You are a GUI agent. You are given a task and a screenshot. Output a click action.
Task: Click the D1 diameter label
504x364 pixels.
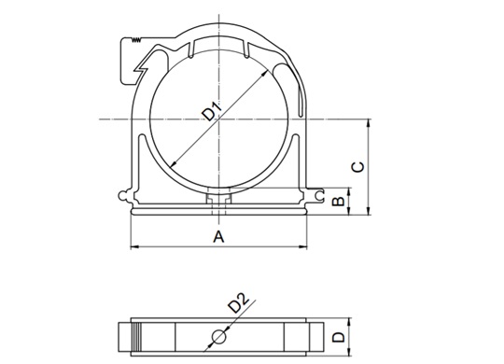click(x=212, y=111)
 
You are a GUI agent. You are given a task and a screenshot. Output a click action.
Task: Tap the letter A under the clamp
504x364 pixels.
click(x=218, y=237)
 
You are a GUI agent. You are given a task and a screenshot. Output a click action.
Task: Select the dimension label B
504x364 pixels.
click(x=338, y=201)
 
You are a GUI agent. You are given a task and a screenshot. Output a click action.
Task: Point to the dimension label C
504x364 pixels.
click(x=358, y=167)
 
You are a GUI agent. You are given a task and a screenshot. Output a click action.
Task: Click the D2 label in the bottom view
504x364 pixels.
click(x=239, y=302)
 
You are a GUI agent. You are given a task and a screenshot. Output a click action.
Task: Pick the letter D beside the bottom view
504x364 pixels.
click(x=338, y=337)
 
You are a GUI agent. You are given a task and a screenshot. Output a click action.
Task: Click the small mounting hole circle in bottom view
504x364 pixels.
click(x=219, y=337)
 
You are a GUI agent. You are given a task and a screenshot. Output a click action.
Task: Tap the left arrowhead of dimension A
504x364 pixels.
click(x=134, y=247)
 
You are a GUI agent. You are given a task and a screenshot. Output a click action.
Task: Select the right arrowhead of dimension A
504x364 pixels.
click(x=303, y=247)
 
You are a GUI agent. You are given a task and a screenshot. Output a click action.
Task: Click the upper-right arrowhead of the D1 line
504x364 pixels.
click(x=264, y=74)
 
